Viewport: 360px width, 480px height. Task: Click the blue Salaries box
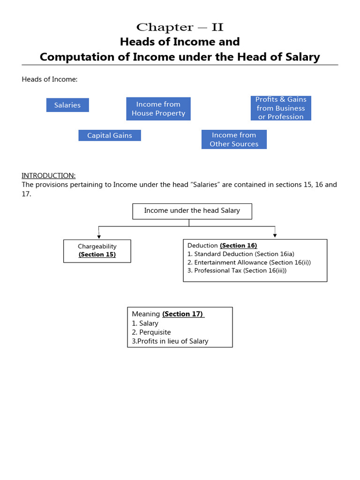click(67, 105)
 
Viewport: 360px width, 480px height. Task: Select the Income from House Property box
click(158, 109)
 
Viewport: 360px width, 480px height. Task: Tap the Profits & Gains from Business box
click(281, 108)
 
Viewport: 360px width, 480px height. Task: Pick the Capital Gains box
click(110, 135)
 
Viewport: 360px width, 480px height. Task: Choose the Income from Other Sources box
click(234, 140)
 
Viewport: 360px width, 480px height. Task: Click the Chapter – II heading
click(180, 27)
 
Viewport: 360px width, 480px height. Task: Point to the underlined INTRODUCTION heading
click(48, 175)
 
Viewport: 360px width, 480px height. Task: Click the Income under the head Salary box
click(192, 211)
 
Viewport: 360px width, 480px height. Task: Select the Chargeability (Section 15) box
click(97, 251)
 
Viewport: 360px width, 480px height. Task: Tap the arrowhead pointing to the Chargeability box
click(99, 237)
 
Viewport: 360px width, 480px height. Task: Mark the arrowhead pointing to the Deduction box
click(275, 235)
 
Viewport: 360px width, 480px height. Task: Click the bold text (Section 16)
click(238, 246)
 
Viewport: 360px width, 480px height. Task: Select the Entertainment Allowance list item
click(248, 262)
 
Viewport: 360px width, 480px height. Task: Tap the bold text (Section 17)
click(183, 314)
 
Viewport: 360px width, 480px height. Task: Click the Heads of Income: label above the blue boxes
click(50, 79)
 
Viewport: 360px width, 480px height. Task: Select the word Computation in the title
click(72, 57)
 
